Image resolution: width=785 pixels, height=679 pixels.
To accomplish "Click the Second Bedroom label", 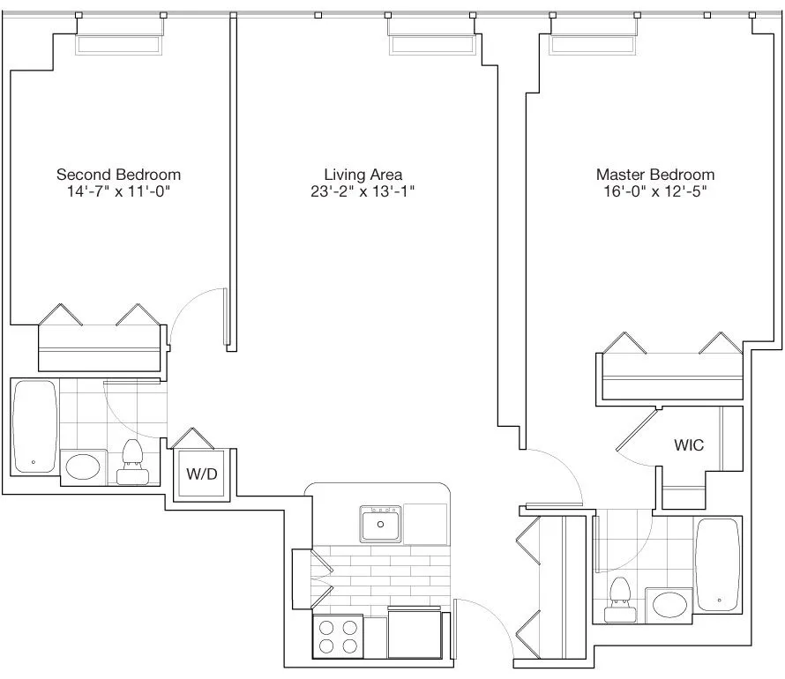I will click(x=118, y=175).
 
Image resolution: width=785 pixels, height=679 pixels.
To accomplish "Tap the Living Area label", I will click(x=363, y=175).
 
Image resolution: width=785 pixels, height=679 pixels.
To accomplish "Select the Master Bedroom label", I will click(x=654, y=175).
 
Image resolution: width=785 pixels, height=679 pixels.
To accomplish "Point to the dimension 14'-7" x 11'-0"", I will click(x=118, y=191).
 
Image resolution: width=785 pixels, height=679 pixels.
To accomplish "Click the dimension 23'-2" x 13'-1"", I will click(x=363, y=191).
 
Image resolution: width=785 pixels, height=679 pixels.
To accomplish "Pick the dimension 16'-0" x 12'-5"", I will click(x=654, y=191).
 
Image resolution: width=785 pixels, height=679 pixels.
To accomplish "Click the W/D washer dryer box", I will click(x=201, y=474).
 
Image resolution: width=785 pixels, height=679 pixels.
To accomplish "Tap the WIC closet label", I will click(x=689, y=445).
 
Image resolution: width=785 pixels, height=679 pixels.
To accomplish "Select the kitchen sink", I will click(x=381, y=523).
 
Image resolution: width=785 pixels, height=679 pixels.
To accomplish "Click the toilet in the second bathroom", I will click(x=133, y=463).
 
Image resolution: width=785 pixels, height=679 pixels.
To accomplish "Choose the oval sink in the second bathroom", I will click(x=84, y=466).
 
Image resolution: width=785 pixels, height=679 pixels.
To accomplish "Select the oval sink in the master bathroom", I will click(x=669, y=605).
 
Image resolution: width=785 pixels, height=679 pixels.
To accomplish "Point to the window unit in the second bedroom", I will click(x=120, y=44).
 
